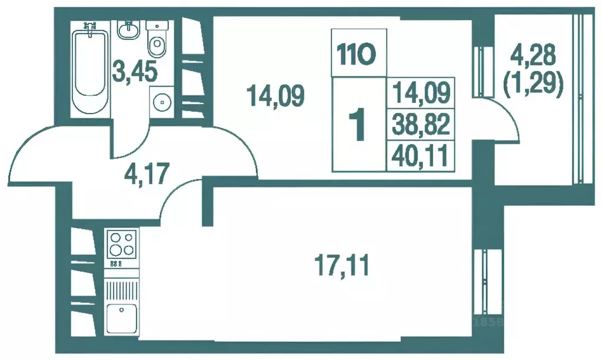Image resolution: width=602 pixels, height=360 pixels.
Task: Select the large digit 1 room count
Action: [358, 125]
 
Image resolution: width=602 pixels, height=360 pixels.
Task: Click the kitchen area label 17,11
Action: [342, 265]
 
